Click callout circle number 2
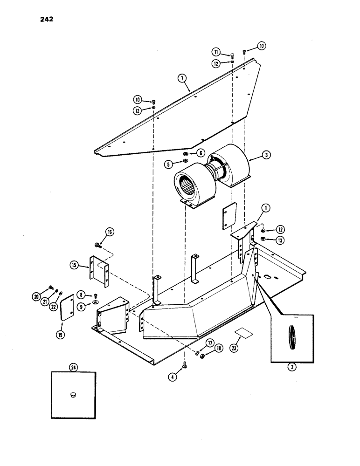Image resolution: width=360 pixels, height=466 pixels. (x=292, y=367)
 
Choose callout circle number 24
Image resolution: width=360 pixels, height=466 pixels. (x=73, y=368)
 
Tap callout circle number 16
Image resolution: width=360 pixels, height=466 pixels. (x=110, y=232)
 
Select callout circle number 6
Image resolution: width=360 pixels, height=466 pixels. (x=200, y=153)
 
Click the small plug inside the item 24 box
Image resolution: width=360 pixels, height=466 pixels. (x=73, y=395)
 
